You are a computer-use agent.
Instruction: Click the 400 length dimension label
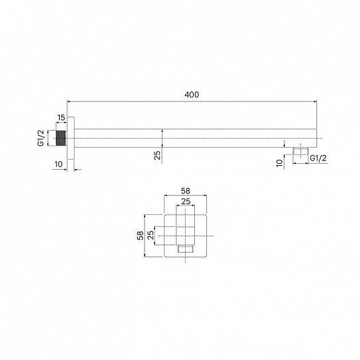(192, 95)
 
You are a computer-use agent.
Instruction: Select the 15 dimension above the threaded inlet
(61, 118)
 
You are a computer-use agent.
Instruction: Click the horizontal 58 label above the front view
(187, 190)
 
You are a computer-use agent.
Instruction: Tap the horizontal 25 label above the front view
(187, 202)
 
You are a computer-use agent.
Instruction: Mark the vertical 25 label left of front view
(151, 235)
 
